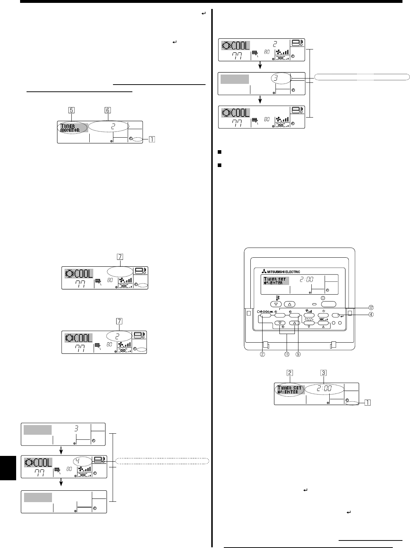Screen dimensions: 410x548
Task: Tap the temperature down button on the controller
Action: coord(276,304)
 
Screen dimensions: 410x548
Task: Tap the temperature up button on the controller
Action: coord(291,304)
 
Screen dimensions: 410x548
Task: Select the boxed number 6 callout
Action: coord(108,110)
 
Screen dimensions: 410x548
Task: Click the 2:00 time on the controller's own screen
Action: coord(303,278)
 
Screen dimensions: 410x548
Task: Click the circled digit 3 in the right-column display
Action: coord(281,77)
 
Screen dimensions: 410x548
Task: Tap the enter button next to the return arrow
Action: coord(336,315)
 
